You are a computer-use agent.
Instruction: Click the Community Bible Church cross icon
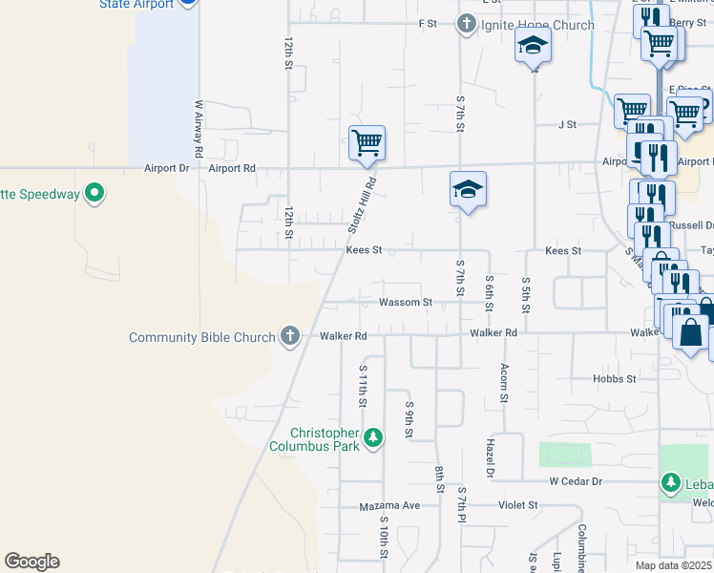pyautogui.click(x=290, y=336)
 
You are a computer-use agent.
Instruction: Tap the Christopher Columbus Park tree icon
pyautogui.click(x=375, y=438)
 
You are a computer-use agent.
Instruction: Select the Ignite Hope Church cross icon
pyautogui.click(x=466, y=24)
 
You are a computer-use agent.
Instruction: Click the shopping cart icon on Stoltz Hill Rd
pyautogui.click(x=367, y=143)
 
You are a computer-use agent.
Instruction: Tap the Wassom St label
pyautogui.click(x=406, y=302)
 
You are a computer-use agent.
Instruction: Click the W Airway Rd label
pyautogui.click(x=199, y=128)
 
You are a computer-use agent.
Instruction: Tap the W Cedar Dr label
pyautogui.click(x=576, y=481)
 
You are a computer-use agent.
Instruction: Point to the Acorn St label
pyautogui.click(x=503, y=383)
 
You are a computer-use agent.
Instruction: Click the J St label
pyautogui.click(x=568, y=124)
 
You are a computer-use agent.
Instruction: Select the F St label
pyautogui.click(x=427, y=23)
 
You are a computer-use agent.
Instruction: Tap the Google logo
pyautogui.click(x=31, y=562)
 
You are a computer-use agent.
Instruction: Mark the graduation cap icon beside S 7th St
pyautogui.click(x=469, y=190)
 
